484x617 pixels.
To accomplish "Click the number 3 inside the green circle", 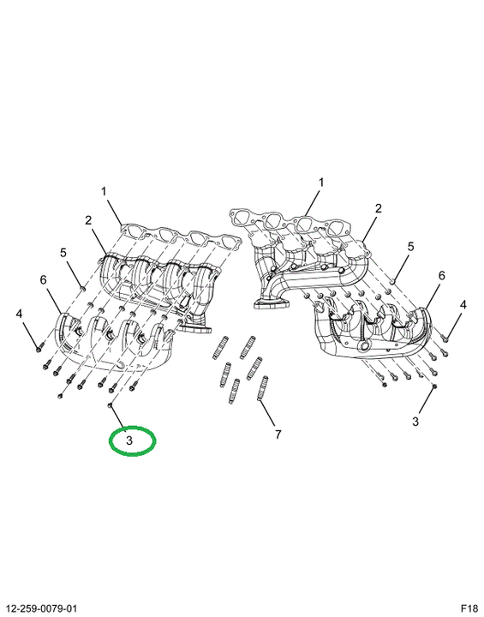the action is [x=129, y=440].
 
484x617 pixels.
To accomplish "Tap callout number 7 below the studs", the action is [x=278, y=434].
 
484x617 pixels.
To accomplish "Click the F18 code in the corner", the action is [x=469, y=608].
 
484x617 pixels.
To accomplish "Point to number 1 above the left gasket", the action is [x=104, y=192].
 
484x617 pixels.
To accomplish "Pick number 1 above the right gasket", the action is [x=321, y=183].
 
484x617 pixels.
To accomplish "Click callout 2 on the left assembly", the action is [x=88, y=221].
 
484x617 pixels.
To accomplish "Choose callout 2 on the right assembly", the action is [x=378, y=208].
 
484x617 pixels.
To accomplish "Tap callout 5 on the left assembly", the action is [x=63, y=252].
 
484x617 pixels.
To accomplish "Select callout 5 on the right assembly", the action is [x=411, y=247].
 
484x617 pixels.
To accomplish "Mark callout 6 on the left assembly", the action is [x=44, y=280].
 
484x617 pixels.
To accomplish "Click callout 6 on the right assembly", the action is [x=441, y=275].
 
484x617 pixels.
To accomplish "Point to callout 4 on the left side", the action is [x=19, y=314].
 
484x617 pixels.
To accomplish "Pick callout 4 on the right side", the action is [x=463, y=304].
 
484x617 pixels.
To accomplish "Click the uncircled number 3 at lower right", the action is [x=415, y=422].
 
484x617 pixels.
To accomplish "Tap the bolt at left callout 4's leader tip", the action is [x=39, y=348].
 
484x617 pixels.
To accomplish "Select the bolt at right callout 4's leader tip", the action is [x=445, y=338].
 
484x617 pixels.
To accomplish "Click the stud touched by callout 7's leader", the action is [x=262, y=388].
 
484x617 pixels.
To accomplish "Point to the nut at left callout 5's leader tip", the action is [x=82, y=290].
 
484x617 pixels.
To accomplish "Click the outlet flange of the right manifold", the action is [x=271, y=303].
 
